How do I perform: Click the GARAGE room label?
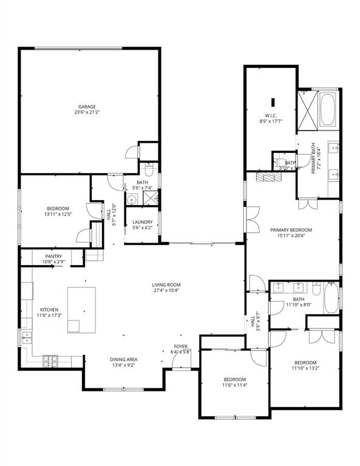point(86,107)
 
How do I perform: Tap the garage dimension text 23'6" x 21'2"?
point(86,113)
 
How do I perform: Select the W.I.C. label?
point(271,116)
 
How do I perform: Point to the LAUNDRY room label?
point(142,222)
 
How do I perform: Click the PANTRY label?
point(53,257)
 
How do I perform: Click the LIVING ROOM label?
point(166,285)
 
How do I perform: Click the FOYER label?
point(180,346)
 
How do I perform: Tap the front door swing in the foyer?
point(180,361)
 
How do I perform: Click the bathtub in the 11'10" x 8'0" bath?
point(331,299)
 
